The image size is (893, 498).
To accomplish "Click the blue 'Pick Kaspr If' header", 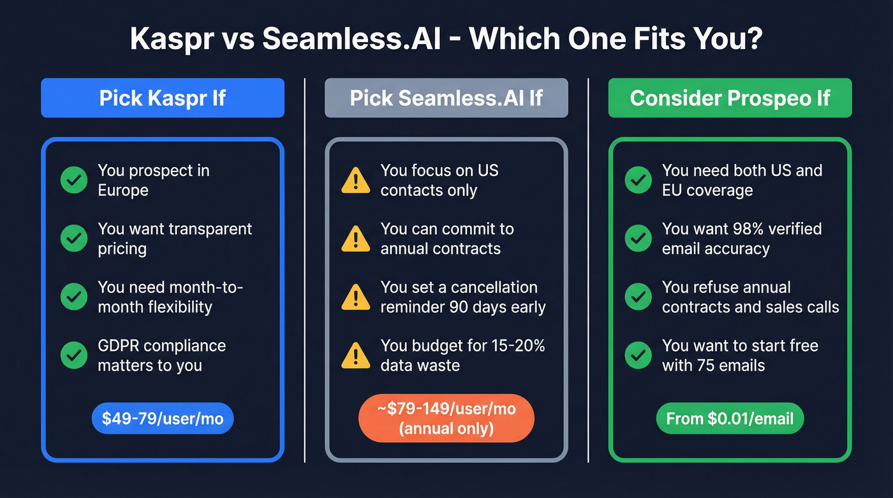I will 162,98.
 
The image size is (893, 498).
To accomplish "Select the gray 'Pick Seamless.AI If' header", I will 446,98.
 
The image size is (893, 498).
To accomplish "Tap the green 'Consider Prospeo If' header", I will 730,98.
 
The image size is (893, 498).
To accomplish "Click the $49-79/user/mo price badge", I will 163,418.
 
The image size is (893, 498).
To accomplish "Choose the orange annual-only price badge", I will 446,418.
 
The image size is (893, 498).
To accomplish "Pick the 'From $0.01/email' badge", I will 730,418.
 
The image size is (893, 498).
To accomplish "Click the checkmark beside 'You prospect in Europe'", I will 74,180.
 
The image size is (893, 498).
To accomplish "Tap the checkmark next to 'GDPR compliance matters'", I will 74,355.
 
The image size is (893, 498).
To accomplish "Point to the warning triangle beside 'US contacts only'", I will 355,181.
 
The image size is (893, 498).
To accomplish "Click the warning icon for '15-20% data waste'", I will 355,356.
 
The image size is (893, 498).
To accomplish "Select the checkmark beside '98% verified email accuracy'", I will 638,238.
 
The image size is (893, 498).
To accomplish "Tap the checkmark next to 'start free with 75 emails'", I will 638,355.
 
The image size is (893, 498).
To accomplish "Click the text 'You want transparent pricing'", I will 175,238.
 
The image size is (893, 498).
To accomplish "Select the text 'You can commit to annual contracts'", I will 447,238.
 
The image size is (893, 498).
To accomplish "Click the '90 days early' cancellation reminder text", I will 462,307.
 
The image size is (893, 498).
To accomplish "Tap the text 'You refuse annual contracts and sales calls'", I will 750,297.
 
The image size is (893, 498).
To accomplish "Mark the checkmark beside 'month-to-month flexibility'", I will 74,297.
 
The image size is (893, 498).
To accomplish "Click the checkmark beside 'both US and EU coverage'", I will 638,180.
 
